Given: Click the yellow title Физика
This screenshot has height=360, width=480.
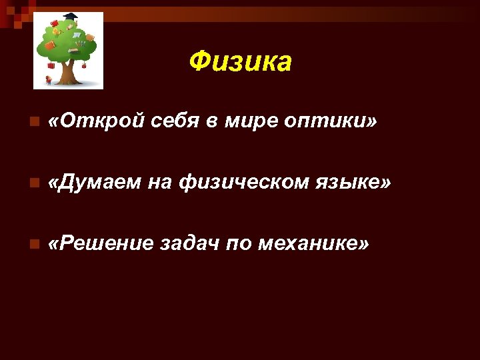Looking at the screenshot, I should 240,62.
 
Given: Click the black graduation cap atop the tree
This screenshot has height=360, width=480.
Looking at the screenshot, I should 68,18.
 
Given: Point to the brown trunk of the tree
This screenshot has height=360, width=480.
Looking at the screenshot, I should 67,72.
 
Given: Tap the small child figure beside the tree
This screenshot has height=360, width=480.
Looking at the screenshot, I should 49,79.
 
